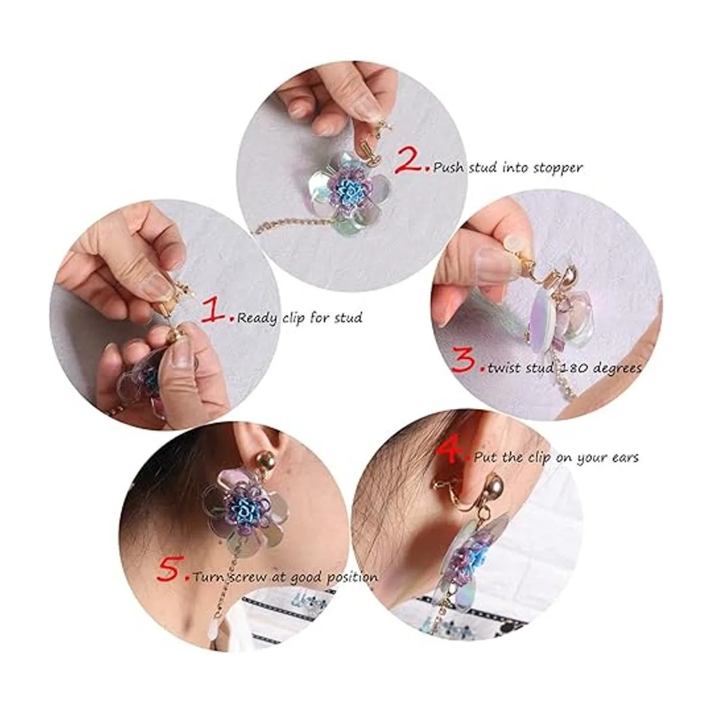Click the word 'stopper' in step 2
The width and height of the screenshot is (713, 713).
[557, 169]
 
